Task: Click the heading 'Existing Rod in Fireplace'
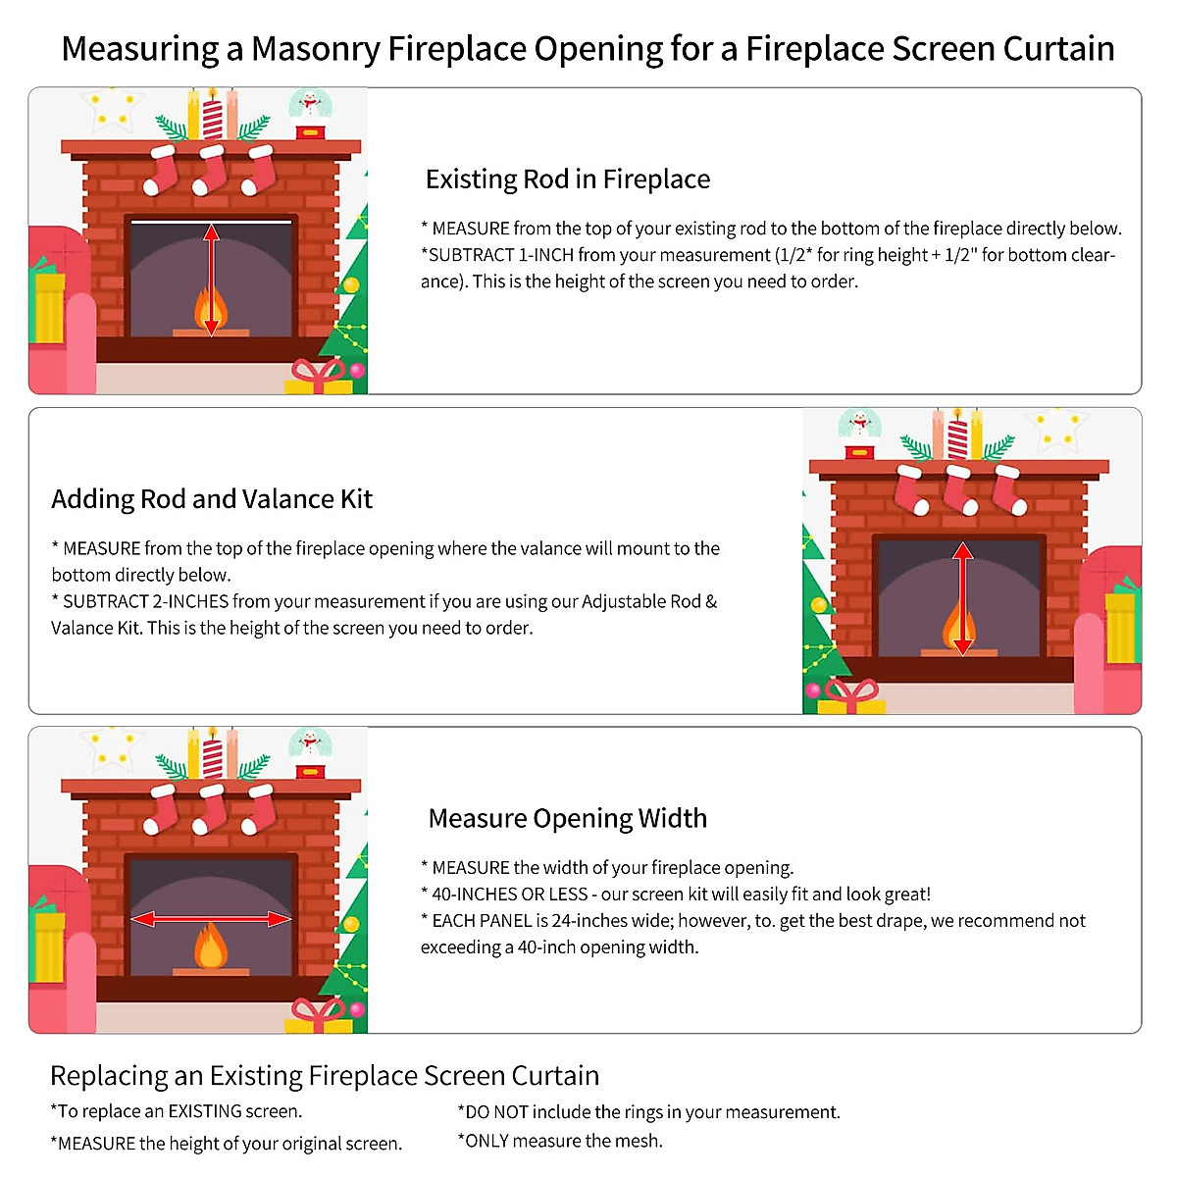point(567,179)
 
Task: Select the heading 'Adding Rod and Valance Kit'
point(212,499)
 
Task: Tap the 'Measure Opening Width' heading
point(567,818)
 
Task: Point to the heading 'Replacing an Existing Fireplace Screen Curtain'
point(325,1076)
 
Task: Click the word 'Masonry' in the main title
point(315,48)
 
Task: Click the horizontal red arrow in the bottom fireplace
point(211,919)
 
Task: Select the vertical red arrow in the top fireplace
point(211,279)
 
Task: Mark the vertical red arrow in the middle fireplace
point(962,598)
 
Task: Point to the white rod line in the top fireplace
point(211,223)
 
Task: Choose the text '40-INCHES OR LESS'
point(509,895)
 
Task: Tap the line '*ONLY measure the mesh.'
point(560,1141)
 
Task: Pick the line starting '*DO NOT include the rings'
point(648,1112)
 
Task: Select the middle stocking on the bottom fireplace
point(209,808)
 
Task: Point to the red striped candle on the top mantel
point(212,116)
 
